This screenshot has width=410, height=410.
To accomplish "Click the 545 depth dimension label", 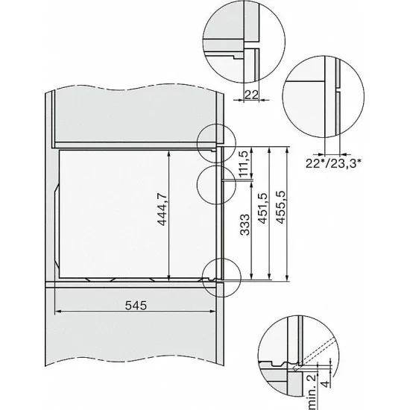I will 137,306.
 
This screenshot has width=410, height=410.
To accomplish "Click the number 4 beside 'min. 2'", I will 327,389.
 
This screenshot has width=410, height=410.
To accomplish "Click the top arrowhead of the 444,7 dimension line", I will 171,150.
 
